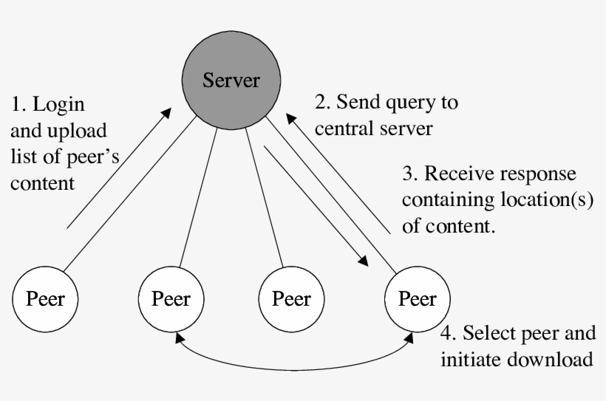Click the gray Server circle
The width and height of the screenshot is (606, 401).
coord(231,80)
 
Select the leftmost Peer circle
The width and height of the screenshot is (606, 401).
coord(46,299)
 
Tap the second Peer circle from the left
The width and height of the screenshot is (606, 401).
coord(171,299)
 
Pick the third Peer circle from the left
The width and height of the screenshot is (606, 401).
coord(291,299)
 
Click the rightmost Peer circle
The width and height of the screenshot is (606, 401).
coord(417,299)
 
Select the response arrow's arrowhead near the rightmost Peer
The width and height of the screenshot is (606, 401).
coord(363,260)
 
